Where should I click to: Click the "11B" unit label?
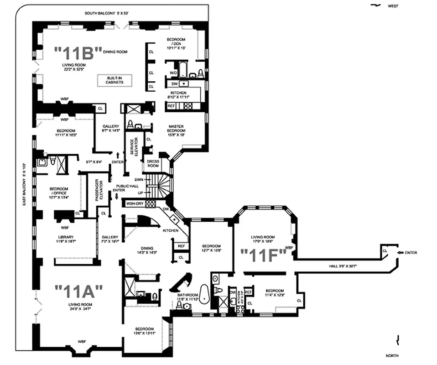coord(78,53)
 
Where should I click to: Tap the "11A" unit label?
coord(78,290)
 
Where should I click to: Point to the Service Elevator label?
coord(134,147)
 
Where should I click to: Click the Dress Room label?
coord(152,163)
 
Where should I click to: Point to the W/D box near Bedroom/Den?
coord(173,72)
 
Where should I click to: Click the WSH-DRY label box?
coord(135,203)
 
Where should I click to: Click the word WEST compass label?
coord(393,6)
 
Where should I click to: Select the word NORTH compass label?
coord(393,355)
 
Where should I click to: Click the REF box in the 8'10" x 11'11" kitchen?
coord(172,106)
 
